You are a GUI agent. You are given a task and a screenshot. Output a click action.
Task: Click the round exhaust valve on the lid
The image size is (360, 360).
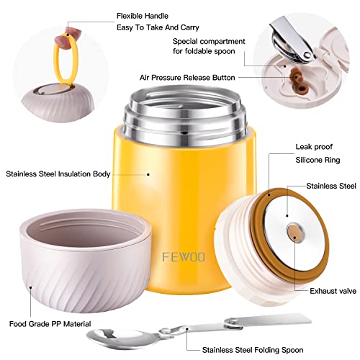tap(294, 231)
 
